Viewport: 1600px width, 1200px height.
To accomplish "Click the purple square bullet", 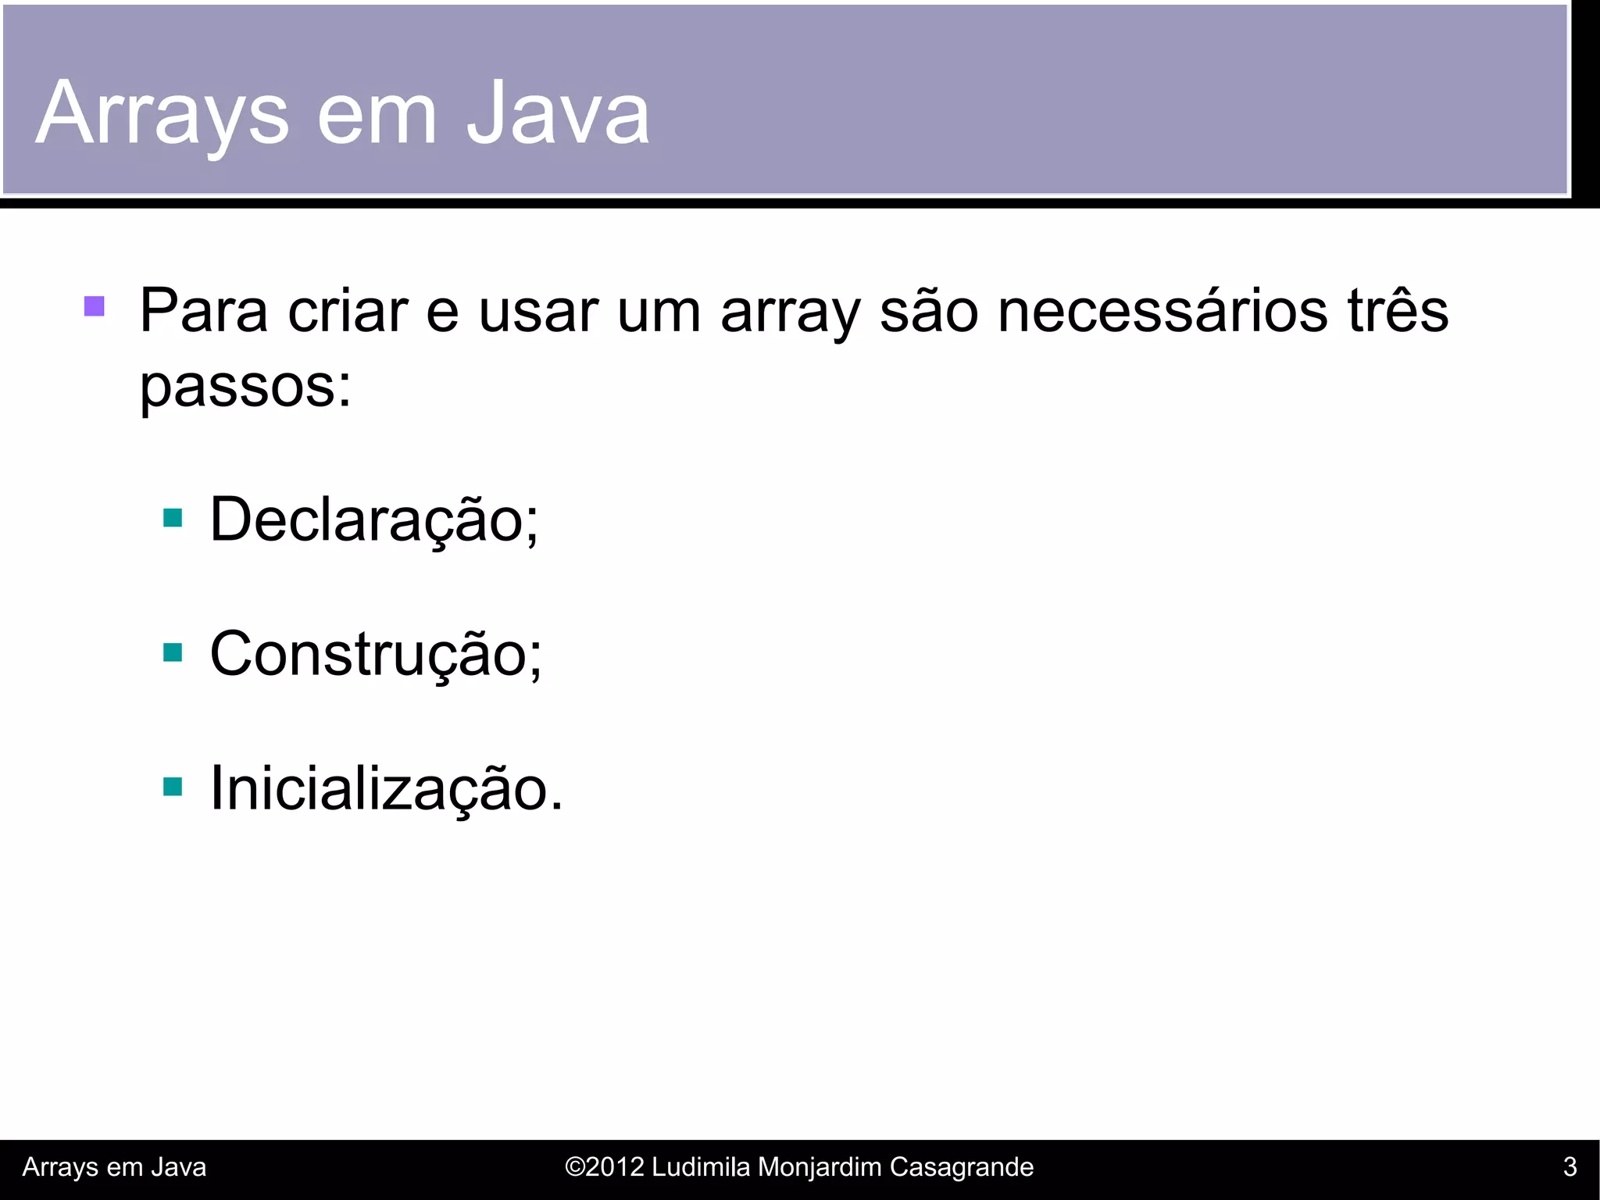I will pyautogui.click(x=95, y=306).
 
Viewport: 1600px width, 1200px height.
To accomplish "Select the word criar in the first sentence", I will pyautogui.click(x=348, y=311).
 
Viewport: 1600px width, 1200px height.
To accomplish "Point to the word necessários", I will pyautogui.click(x=1162, y=311).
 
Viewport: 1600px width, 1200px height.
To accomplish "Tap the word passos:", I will pyautogui.click(x=245, y=386).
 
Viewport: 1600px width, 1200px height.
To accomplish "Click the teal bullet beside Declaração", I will pyautogui.click(x=173, y=518).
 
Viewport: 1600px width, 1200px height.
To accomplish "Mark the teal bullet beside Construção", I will pyautogui.click(x=173, y=652).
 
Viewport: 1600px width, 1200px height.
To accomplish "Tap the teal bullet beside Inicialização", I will pyautogui.click(x=173, y=787).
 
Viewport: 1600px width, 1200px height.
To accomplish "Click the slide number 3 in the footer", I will pyautogui.click(x=1570, y=1167).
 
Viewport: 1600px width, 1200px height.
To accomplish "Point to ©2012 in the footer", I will pyautogui.click(x=604, y=1167).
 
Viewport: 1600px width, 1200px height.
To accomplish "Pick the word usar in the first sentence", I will pyautogui.click(x=538, y=311).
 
